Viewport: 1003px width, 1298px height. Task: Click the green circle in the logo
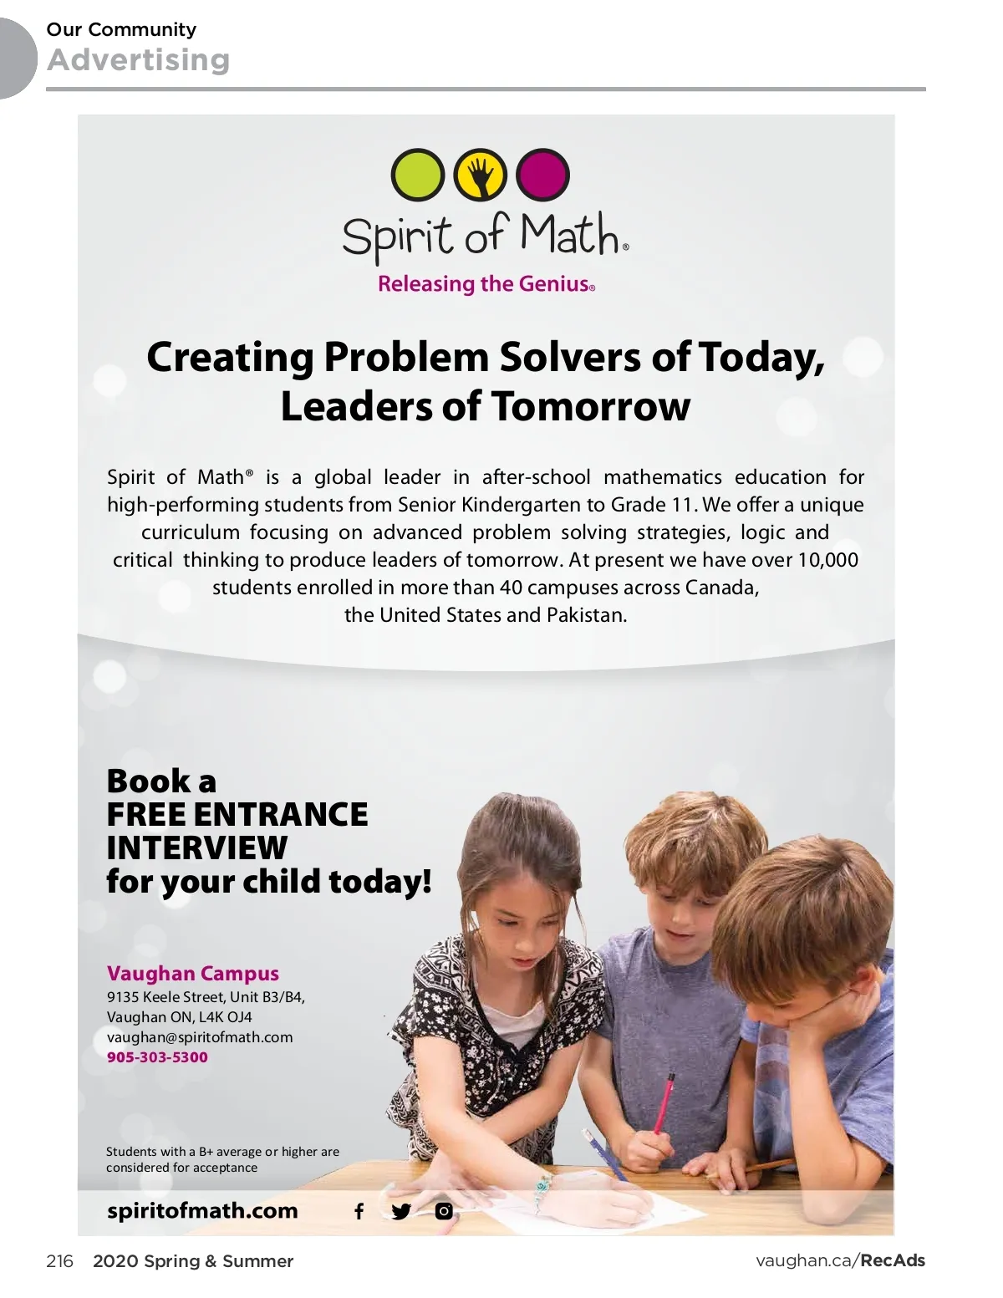point(418,175)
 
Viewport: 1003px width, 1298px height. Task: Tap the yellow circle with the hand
point(480,175)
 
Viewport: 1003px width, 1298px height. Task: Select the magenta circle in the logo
point(542,175)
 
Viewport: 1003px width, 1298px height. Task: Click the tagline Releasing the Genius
point(486,284)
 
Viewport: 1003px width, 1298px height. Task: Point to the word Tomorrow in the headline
point(591,407)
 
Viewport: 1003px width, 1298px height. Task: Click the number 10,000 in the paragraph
point(827,560)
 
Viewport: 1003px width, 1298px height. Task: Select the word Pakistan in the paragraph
point(585,615)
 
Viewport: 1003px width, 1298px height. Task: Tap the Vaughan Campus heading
point(192,974)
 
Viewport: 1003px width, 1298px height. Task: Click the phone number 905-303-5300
point(157,1057)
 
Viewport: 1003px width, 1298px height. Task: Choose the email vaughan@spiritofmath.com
point(200,1037)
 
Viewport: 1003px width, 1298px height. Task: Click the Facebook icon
point(359,1211)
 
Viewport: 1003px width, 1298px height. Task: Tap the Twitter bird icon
point(401,1211)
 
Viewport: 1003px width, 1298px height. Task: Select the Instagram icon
point(444,1210)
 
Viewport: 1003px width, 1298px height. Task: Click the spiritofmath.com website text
point(202,1211)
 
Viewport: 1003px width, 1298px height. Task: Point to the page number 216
point(59,1261)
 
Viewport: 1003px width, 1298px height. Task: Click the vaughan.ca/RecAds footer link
point(840,1261)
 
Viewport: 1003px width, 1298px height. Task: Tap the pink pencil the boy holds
point(664,1103)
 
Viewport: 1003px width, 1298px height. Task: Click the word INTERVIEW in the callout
point(196,848)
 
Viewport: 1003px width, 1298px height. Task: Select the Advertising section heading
point(138,60)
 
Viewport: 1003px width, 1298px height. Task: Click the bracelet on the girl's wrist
point(543,1184)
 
